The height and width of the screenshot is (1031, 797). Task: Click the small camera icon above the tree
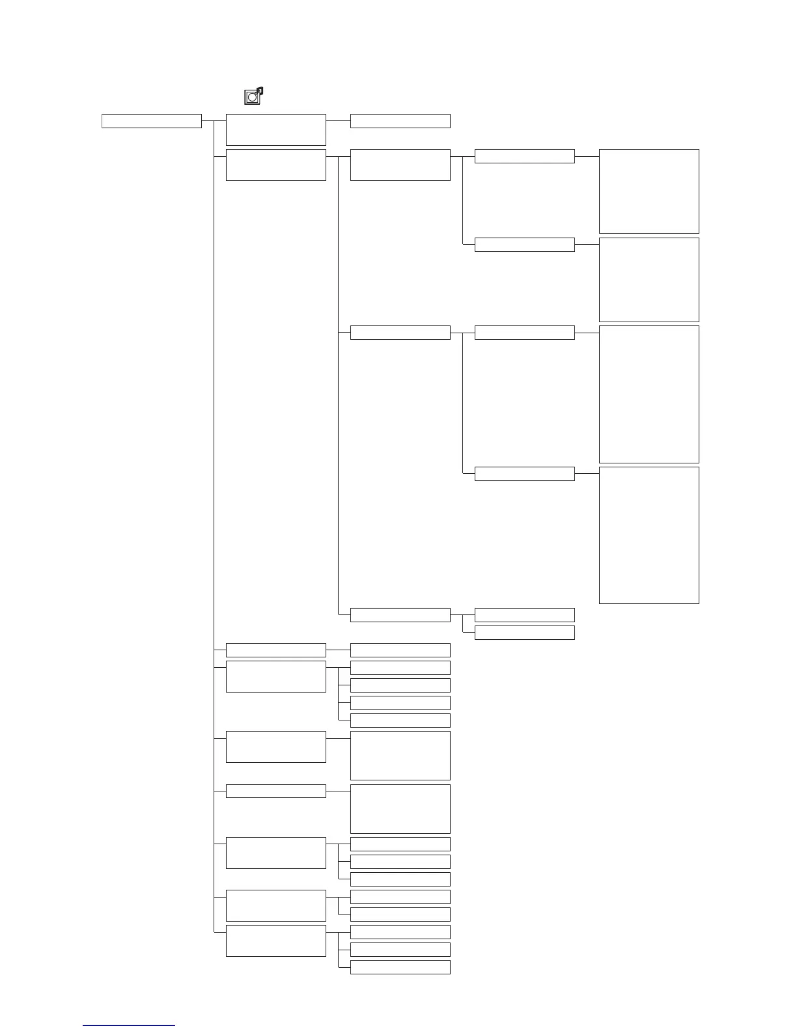253,96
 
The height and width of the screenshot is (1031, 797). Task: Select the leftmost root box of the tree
151,121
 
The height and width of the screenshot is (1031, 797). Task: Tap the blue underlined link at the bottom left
129,1025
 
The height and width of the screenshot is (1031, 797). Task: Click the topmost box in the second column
275,130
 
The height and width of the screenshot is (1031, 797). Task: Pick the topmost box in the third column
400,121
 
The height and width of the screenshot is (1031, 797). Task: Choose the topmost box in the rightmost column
649,191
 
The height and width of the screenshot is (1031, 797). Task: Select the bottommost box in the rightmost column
649,535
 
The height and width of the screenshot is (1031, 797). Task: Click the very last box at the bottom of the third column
400,967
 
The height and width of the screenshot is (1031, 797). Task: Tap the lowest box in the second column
275,941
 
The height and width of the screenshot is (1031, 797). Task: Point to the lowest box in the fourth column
524,633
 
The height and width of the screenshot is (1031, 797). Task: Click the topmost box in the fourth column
524,156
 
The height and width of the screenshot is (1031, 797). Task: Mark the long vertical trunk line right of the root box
214,521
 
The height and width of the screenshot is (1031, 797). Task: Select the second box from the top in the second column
275,165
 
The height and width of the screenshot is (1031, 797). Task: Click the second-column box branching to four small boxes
275,676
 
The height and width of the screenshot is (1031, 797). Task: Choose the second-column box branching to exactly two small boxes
275,905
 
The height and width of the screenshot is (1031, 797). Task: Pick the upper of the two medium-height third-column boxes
400,755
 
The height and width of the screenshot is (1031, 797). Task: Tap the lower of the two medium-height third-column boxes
400,808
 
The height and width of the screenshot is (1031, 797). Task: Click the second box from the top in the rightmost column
649,279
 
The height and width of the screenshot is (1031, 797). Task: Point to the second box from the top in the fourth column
524,245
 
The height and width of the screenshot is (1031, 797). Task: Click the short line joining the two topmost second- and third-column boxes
338,121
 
